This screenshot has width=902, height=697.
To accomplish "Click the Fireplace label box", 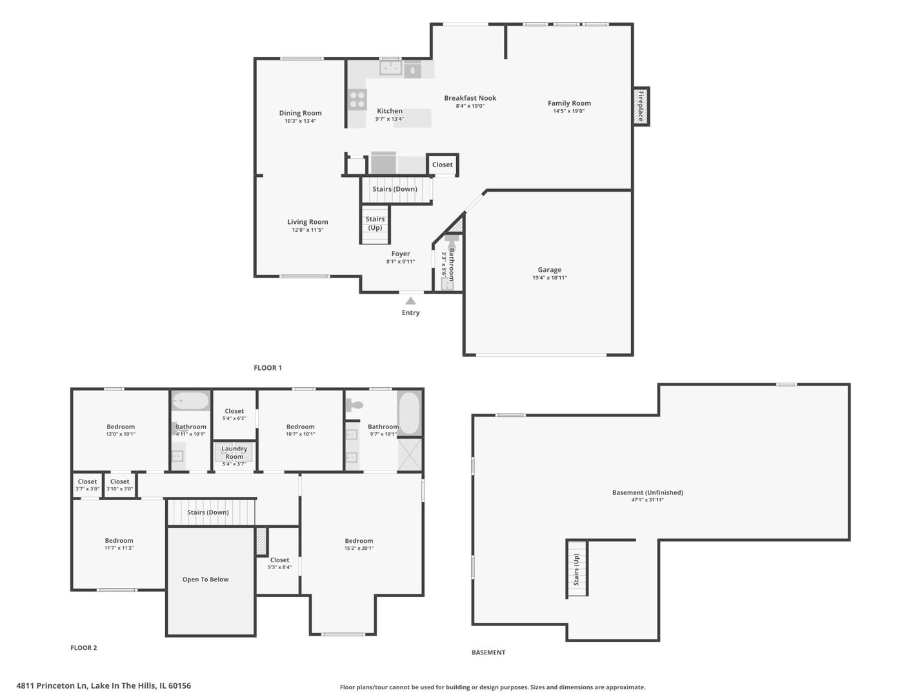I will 641,106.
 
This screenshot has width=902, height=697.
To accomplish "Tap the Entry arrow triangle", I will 410,301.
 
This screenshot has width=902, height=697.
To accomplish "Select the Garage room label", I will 549,270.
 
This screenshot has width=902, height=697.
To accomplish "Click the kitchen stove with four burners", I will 357,100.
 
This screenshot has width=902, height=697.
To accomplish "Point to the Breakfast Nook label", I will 470,98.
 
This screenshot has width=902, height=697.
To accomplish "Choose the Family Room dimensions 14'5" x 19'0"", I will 568,111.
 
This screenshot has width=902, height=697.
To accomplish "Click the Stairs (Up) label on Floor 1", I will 375,223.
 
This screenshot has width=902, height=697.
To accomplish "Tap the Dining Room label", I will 300,113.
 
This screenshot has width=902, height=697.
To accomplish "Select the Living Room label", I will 307,222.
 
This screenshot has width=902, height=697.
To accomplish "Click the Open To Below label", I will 205,580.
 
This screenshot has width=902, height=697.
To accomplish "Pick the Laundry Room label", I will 234,452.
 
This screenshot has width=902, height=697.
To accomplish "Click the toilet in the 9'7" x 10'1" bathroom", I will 354,405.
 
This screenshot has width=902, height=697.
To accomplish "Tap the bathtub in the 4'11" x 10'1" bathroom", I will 190,401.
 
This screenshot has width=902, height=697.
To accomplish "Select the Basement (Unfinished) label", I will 647,492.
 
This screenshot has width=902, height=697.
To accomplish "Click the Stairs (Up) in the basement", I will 577,569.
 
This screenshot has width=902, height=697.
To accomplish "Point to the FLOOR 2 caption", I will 84,648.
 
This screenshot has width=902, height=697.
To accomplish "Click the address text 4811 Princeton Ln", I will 103,685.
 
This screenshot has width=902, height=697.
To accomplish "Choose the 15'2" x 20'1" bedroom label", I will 359,544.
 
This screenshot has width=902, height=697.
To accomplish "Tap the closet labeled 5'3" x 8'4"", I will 279,563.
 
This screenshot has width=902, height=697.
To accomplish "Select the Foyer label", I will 400,254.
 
